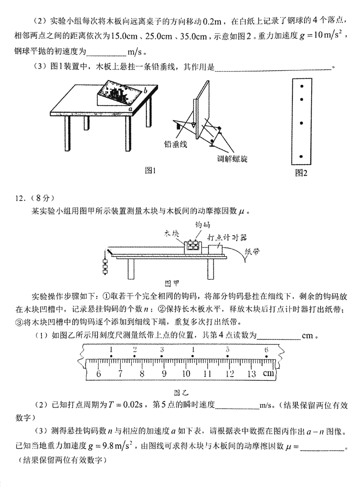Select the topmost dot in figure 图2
point(302,86)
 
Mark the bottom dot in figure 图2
point(302,156)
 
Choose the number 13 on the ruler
point(251,374)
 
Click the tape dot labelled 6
point(266,356)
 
